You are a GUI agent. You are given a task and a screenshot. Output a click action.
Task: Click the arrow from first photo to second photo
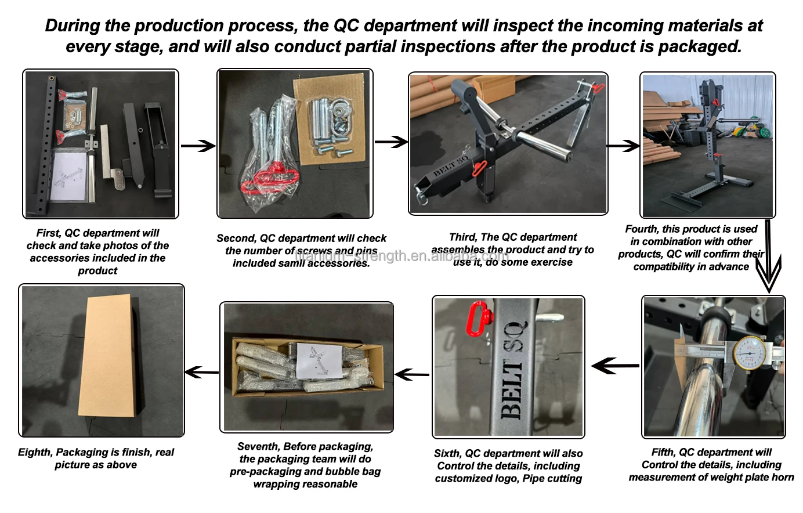coord(198,146)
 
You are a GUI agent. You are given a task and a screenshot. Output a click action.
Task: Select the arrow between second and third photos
coord(391,142)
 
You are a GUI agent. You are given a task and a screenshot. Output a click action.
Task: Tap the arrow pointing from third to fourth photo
coord(623,146)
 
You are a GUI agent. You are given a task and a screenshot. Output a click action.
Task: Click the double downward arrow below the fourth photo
coord(769,255)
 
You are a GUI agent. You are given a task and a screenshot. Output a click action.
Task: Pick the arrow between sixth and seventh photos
coord(412,374)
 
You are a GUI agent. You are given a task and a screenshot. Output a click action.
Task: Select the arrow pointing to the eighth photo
coord(201,373)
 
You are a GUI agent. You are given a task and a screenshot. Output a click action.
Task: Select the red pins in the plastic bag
coord(269,179)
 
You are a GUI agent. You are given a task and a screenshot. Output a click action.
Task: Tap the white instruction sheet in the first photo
coord(73,175)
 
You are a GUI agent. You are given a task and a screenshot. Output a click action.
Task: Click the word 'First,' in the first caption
coord(49,233)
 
